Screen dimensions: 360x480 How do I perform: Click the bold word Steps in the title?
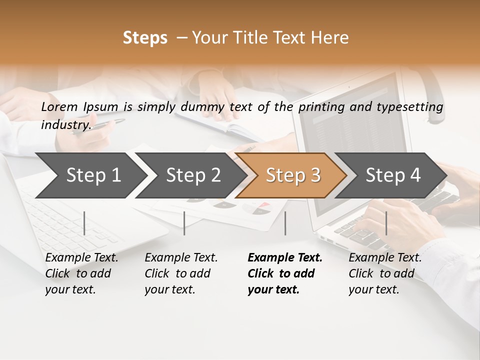point(145,38)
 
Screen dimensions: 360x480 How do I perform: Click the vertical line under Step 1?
point(84,223)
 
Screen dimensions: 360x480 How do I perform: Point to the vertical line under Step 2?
point(184,223)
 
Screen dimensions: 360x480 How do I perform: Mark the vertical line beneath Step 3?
point(285,223)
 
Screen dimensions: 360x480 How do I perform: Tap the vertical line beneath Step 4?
point(386,223)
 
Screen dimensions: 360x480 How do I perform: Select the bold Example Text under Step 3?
point(285,273)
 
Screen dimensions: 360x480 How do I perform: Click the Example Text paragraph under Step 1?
point(81,273)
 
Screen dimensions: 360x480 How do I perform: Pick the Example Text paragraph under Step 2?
point(181,273)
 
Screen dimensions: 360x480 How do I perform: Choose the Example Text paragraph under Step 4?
point(385,273)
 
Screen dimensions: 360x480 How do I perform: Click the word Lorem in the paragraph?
point(59,107)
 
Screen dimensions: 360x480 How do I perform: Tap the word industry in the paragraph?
point(65,124)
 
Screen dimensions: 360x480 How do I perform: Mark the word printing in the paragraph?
point(317,107)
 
